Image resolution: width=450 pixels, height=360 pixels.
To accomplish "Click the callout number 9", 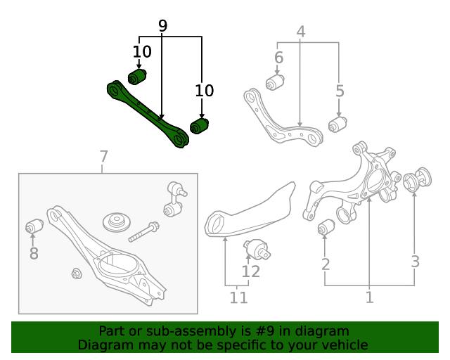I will pyautogui.click(x=162, y=26).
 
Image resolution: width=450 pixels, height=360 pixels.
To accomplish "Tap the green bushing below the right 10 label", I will pyautogui.click(x=200, y=126).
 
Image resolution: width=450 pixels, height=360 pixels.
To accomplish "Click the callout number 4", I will pyautogui.click(x=300, y=32).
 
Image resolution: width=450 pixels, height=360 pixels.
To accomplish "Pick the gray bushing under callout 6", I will pyautogui.click(x=274, y=84).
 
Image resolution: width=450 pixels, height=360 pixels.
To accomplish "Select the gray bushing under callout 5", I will pyautogui.click(x=338, y=125).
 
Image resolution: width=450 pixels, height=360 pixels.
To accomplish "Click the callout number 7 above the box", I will pyautogui.click(x=103, y=156).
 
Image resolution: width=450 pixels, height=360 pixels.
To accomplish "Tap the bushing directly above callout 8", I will pyautogui.click(x=34, y=226).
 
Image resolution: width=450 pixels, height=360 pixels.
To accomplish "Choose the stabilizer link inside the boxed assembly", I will pyautogui.click(x=174, y=198).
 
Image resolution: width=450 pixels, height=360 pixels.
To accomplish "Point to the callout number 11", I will pyautogui.click(x=239, y=297).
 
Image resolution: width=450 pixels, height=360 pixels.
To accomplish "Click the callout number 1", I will pyautogui.click(x=369, y=297).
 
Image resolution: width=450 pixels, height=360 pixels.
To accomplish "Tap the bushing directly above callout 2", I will pyautogui.click(x=326, y=229).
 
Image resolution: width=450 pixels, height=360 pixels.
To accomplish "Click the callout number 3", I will pyautogui.click(x=416, y=262).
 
